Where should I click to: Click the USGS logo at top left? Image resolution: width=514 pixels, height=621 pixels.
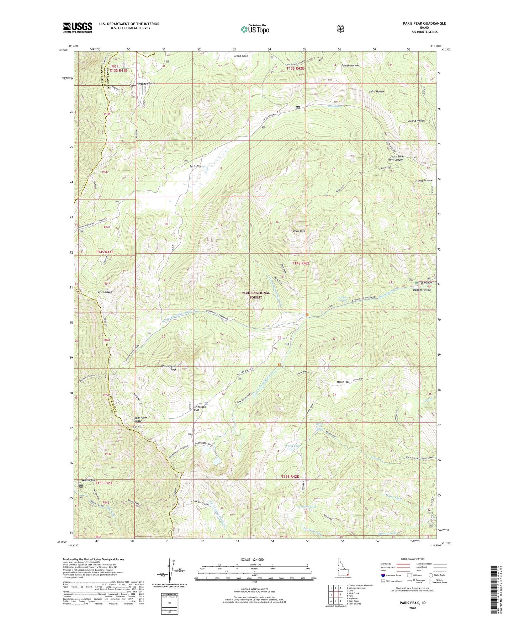coord(78,27)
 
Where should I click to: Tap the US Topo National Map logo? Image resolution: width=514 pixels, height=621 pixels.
coord(255,29)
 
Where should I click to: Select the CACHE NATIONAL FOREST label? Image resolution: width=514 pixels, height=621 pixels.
coord(256,295)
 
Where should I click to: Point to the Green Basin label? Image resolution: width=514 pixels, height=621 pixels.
coord(240,56)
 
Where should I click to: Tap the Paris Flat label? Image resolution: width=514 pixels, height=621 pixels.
coord(195,166)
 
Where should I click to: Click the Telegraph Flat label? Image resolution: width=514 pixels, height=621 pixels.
coord(200,408)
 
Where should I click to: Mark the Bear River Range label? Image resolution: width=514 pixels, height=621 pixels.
coord(141,419)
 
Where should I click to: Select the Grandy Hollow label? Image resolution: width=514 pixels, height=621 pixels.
coord(423,180)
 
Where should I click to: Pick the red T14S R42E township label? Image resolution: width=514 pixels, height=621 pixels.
coord(301,263)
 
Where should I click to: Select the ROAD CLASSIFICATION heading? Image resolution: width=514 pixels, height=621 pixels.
coord(413,559)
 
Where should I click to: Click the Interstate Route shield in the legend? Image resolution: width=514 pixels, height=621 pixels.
coord(383,575)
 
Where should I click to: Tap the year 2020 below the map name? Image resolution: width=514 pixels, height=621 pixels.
coord(413,608)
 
